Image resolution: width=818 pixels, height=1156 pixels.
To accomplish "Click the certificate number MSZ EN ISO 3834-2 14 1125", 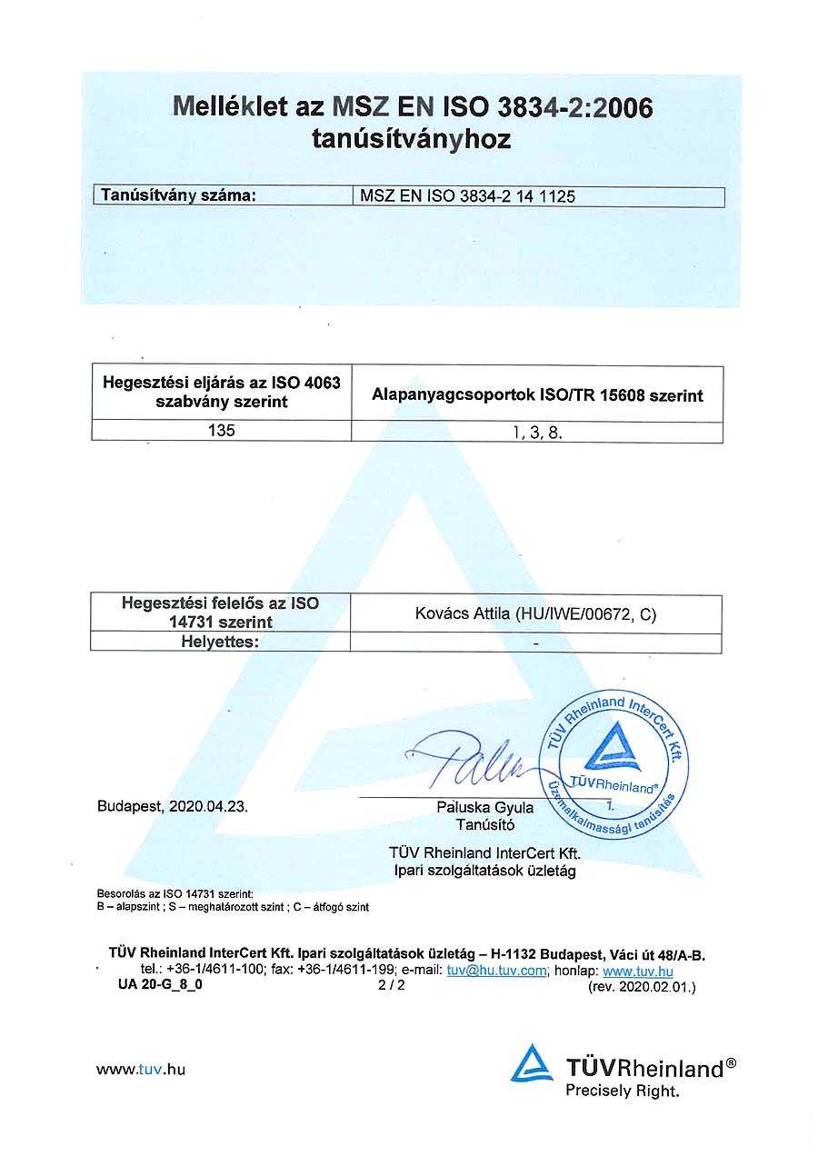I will (x=468, y=196).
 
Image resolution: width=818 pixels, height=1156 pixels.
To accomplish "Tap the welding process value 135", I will (x=221, y=431).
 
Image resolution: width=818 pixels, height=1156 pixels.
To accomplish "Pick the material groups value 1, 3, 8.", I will (x=537, y=433).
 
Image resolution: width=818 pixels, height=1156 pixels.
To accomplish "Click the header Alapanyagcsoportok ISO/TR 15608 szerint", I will (x=537, y=395).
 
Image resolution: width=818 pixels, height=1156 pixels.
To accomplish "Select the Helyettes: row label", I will (x=221, y=643).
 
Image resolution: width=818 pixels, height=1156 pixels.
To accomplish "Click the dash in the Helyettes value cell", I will (x=536, y=643).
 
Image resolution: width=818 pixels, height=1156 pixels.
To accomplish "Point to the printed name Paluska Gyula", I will (x=485, y=807).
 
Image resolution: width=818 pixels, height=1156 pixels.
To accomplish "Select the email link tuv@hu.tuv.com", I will (x=496, y=971).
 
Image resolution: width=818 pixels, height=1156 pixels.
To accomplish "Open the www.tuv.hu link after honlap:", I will (x=638, y=971).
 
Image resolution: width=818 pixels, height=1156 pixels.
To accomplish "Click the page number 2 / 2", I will (x=392, y=985).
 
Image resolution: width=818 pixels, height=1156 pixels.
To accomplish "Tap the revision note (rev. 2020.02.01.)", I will (x=642, y=986).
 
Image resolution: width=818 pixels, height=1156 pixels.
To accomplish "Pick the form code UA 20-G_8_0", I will (x=160, y=985).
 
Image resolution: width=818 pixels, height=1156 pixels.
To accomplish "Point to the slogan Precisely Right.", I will (x=622, y=1091).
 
